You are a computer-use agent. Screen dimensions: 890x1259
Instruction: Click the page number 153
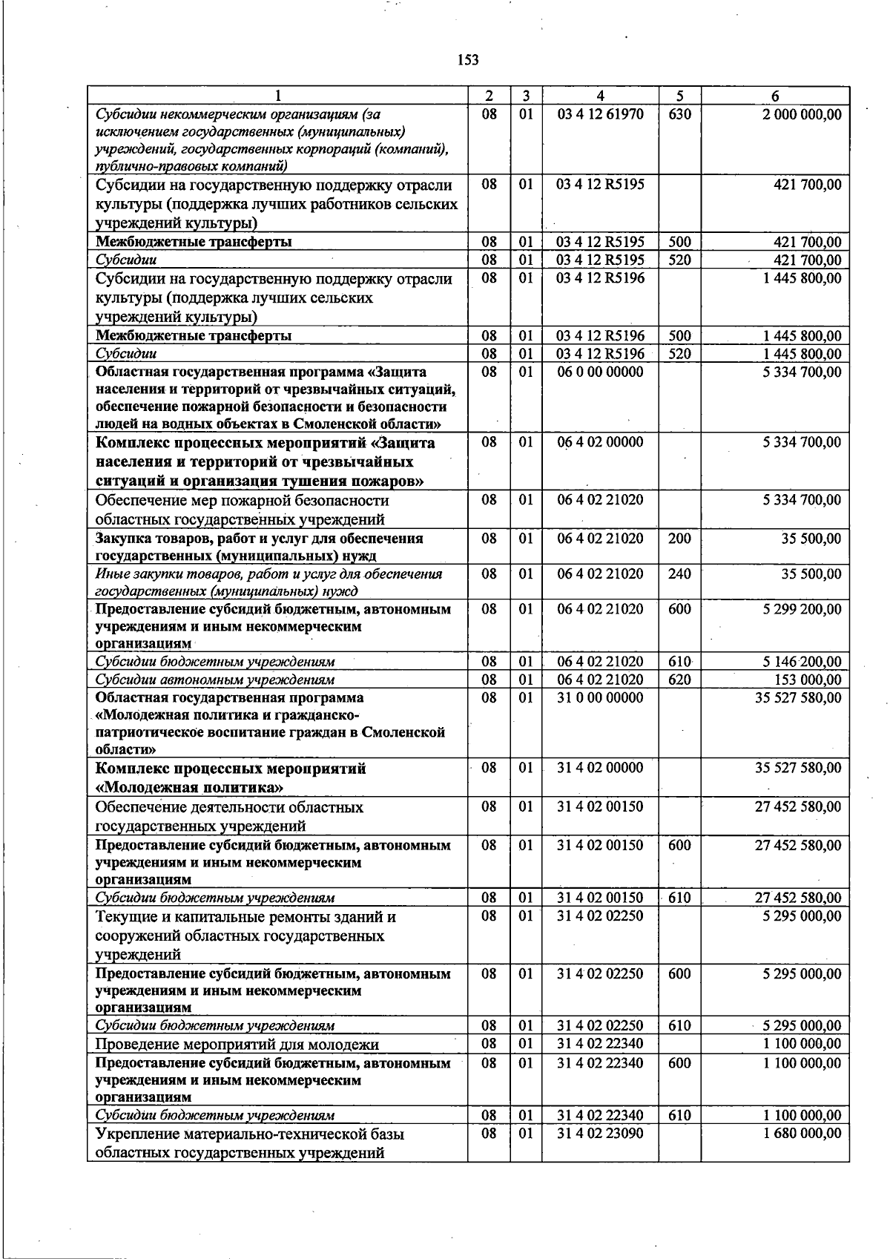point(467,60)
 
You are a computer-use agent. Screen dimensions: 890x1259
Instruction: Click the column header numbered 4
point(600,96)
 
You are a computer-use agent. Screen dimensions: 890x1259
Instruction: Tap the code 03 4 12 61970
point(600,114)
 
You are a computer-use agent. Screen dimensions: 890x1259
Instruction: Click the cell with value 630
point(679,114)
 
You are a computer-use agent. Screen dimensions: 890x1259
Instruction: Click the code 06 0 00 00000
point(600,372)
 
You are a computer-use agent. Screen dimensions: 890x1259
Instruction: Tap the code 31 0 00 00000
point(600,697)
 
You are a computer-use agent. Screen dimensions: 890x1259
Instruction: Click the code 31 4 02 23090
point(600,1133)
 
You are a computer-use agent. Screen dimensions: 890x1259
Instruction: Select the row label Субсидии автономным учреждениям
point(215,680)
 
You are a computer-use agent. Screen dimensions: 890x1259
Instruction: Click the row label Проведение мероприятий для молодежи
point(237,1044)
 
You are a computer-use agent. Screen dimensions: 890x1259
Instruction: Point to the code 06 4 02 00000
point(600,442)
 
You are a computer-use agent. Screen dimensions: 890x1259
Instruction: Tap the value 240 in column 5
point(679,573)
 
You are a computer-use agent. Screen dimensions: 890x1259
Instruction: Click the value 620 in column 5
point(679,680)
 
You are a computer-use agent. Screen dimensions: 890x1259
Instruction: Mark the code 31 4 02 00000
point(600,768)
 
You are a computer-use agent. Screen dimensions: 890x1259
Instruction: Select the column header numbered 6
point(775,96)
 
